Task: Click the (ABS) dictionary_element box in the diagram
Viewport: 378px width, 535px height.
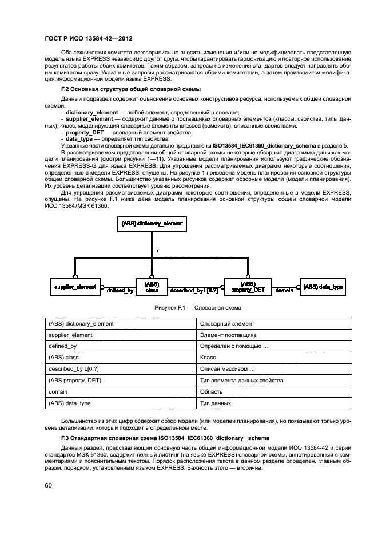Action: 152,224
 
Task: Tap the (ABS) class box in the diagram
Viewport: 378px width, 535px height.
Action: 152,286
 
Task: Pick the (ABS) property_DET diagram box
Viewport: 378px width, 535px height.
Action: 248,286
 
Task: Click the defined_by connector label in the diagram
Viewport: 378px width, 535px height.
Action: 120,291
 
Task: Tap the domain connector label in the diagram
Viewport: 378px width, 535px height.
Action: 284,291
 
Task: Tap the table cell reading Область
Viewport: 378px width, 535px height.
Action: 211,392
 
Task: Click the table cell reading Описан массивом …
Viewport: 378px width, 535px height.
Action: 223,369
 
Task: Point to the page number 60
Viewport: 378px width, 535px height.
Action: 49,486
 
